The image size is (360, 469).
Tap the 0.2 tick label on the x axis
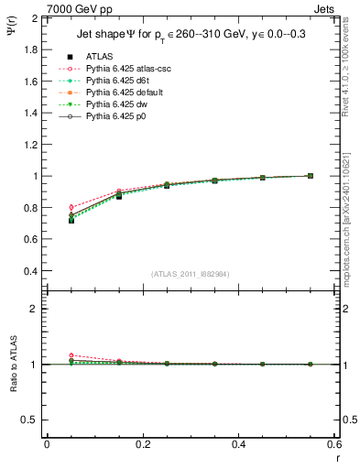[x=142, y=443]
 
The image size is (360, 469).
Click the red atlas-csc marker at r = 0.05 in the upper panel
[x=71, y=207]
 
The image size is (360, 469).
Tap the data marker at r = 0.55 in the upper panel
[x=310, y=176]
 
